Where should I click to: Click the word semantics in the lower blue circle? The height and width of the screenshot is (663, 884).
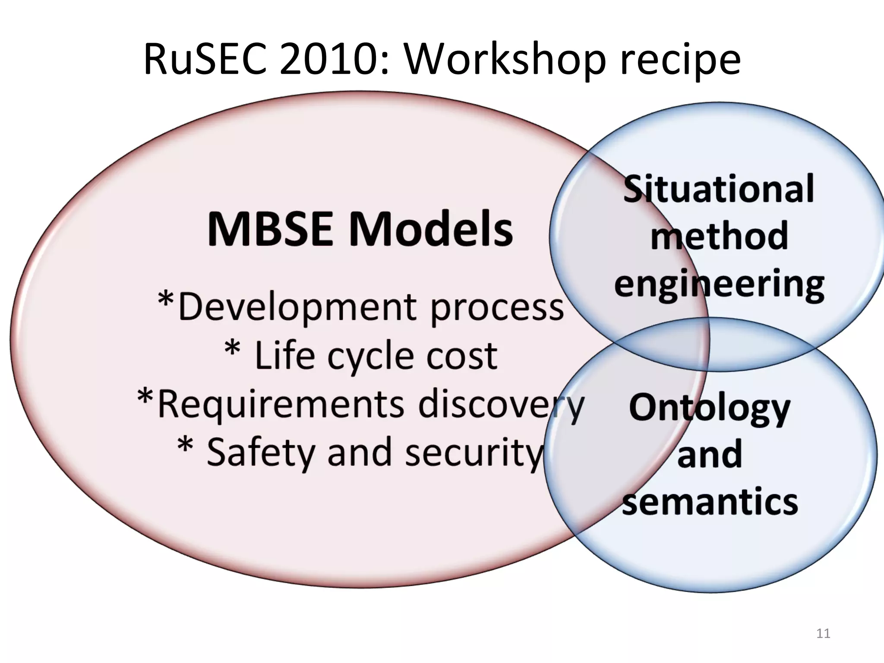point(710,502)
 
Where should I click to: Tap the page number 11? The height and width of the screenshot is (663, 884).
point(823,633)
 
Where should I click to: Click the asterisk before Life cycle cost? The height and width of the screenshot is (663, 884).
point(232,348)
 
